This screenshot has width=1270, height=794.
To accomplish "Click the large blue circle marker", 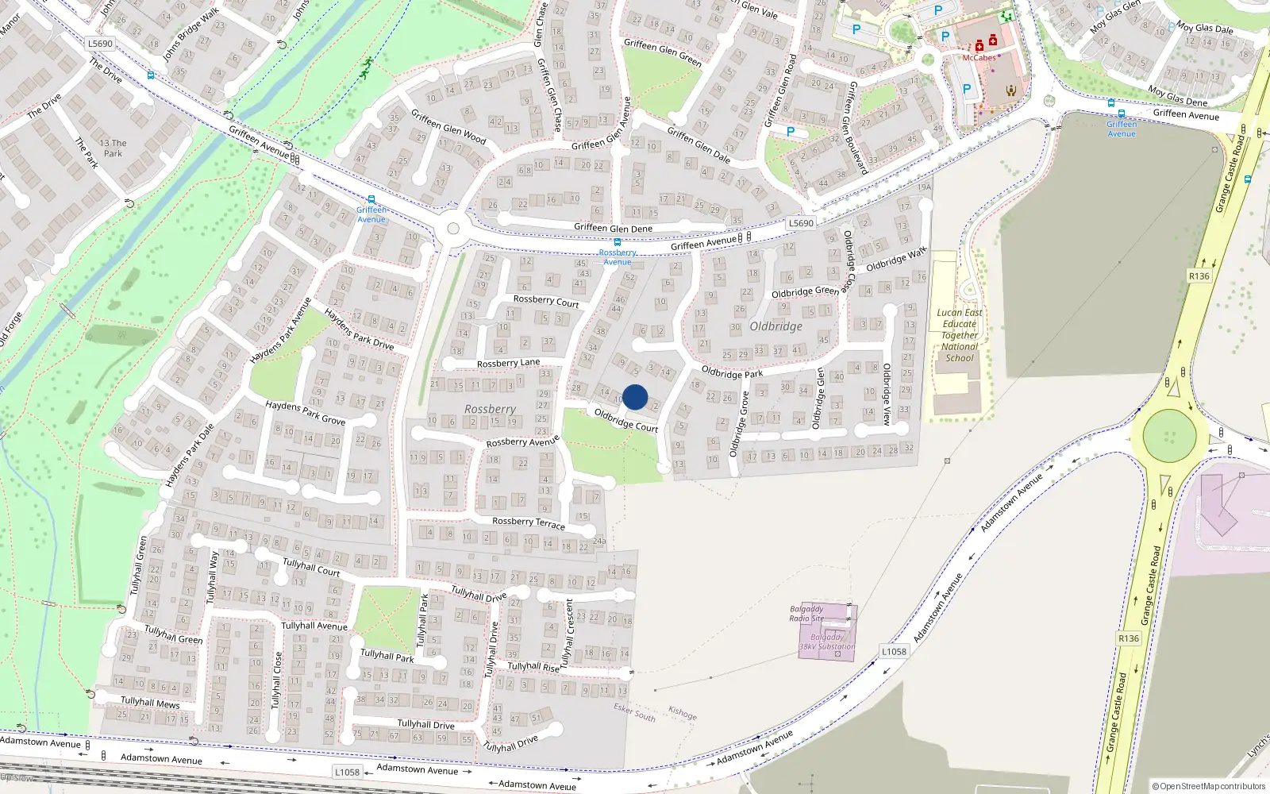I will coord(635,397).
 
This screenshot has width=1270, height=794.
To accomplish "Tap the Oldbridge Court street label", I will coord(625,420).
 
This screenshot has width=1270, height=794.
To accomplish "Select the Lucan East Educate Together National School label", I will coord(960,335).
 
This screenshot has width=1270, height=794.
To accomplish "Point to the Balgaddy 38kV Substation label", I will coord(827,642).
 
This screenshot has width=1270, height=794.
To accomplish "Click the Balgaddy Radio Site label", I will coord(806,614).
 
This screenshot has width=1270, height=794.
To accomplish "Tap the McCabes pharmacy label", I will coord(979,58).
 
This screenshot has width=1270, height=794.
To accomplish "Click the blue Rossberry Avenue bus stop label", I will coord(618,257).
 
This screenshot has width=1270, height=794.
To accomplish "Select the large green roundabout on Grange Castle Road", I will coord(1169,436).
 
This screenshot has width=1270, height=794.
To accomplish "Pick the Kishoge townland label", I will coord(683,713).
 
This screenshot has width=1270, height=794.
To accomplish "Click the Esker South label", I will coord(634,711).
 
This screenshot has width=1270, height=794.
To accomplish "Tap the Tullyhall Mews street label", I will coord(150,703).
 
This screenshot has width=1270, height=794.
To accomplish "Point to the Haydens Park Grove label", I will coord(305,412).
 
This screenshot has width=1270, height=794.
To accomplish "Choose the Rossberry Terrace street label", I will coord(529,522).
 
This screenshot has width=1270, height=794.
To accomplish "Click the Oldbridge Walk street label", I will coord(896,260).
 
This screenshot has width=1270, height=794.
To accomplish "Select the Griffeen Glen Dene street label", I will coord(613,228).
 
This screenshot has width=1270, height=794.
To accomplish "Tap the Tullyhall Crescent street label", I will coord(568,633).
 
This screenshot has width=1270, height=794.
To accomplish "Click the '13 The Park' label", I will coord(113,148).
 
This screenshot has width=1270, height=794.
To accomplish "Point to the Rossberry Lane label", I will coord(508,363).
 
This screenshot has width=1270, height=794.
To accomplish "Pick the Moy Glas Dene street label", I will coord(1177,96).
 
